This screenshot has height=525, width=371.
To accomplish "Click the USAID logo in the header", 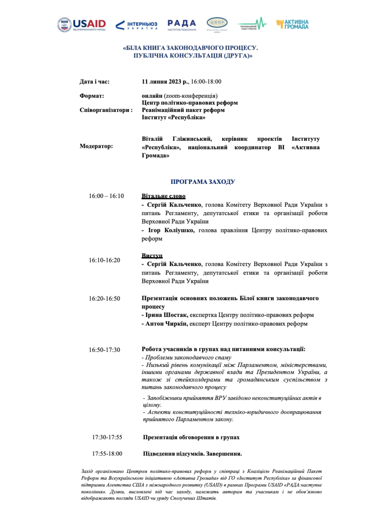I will (x=82, y=25).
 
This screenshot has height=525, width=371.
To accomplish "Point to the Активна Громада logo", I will (x=292, y=24).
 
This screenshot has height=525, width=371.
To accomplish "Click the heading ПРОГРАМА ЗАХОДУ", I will (x=203, y=182).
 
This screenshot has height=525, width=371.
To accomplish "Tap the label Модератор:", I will (x=96, y=146).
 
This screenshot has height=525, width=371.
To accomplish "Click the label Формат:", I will (x=92, y=96).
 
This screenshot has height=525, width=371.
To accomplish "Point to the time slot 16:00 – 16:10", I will (x=106, y=196).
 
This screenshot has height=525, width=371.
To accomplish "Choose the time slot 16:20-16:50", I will (x=104, y=298).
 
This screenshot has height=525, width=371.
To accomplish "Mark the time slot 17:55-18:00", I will (x=107, y=454).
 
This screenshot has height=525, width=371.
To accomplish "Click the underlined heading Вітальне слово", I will (x=163, y=196).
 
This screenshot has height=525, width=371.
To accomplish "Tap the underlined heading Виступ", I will (x=152, y=255).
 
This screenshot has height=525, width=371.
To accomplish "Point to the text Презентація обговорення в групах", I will (x=191, y=437).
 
